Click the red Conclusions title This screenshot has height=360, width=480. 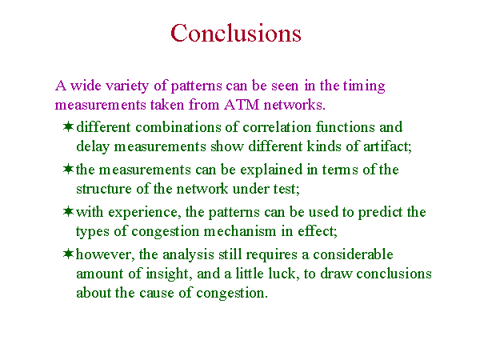pos(236,33)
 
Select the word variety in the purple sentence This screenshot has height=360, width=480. pos(127,86)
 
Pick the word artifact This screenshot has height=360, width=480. pos(387,146)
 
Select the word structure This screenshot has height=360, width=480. pos(104,189)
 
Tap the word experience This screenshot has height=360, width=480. pos(143,213)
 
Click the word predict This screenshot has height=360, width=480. pos(380,213)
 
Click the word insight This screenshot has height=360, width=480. pos(169,274)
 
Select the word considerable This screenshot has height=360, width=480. pos(353,254)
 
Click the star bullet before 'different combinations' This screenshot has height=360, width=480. pos(69,126)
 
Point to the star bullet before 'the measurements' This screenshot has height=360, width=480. pos(69,169)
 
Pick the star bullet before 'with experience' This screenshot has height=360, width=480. pos(69,211)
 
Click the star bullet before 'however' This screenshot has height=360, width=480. pos(69,254)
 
